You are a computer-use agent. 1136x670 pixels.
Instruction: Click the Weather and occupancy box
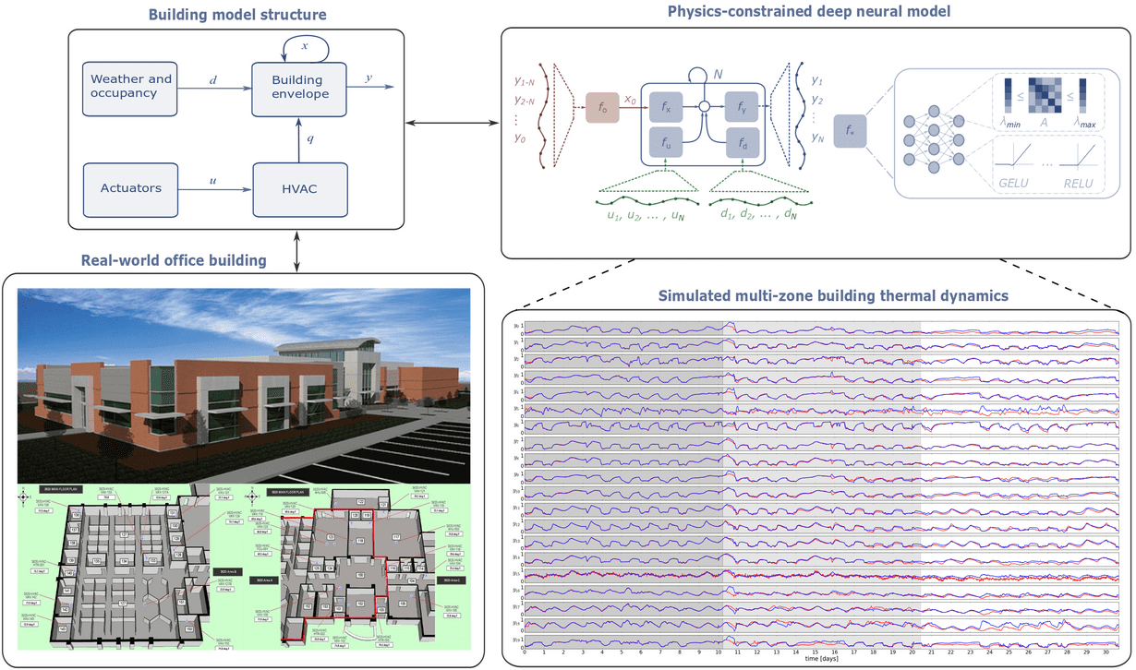[x=130, y=89]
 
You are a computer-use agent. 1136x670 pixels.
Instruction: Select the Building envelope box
[x=299, y=89]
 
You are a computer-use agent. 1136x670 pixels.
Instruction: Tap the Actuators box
[x=130, y=188]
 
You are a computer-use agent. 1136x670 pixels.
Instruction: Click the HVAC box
[x=299, y=188]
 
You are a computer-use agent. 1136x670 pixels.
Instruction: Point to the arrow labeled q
[x=299, y=139]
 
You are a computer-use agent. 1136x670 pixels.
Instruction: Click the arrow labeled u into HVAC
[x=215, y=188]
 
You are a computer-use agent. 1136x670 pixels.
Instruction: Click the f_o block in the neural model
[x=602, y=107]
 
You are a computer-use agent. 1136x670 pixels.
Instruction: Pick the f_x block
[x=666, y=107]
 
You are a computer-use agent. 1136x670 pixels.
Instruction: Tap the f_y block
[x=742, y=107]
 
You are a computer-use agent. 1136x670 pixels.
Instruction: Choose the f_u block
[x=666, y=143]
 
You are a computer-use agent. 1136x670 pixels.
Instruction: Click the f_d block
[x=742, y=143]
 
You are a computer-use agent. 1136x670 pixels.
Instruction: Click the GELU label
[x=1013, y=183]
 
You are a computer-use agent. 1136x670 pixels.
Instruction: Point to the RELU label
[x=1077, y=183]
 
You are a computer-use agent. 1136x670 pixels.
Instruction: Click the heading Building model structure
[x=236, y=14]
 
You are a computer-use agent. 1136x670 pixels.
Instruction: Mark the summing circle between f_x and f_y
[x=704, y=107]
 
